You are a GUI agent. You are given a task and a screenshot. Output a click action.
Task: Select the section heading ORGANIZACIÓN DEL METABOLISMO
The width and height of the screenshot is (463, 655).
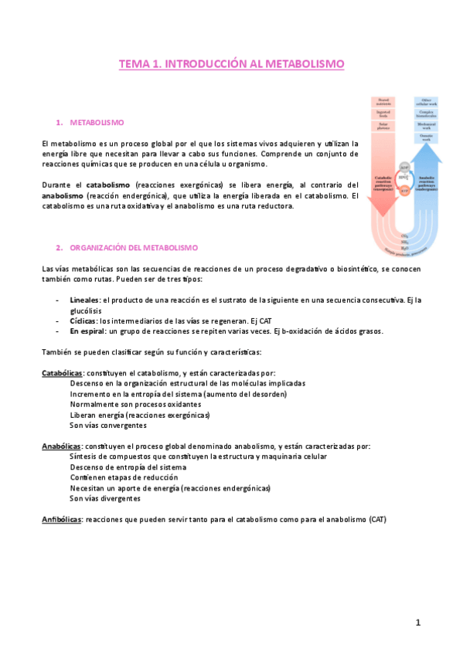tap(133, 248)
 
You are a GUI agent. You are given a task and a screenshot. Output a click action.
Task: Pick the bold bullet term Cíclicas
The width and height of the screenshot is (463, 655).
tap(83, 320)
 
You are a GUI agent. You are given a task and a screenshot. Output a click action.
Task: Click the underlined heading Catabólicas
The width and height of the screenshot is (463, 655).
tap(62, 372)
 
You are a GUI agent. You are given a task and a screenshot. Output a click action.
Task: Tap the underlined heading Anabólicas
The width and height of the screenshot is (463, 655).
tap(61, 446)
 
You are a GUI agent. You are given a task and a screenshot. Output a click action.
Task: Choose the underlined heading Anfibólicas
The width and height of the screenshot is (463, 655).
tap(61, 519)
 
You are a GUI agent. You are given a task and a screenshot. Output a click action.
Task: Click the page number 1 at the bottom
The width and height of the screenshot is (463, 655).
tap(417, 623)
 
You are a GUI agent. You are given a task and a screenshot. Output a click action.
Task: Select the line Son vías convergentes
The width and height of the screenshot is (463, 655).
tap(107, 425)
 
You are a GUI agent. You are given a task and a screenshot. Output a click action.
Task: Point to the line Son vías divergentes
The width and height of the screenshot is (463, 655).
tap(106, 498)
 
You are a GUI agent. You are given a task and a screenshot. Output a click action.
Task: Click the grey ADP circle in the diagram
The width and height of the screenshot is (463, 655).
tap(404, 166)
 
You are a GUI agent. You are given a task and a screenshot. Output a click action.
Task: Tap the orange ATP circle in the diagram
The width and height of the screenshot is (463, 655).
tap(404, 190)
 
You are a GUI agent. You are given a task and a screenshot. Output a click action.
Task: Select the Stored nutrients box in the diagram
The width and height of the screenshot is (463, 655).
tap(384, 101)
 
